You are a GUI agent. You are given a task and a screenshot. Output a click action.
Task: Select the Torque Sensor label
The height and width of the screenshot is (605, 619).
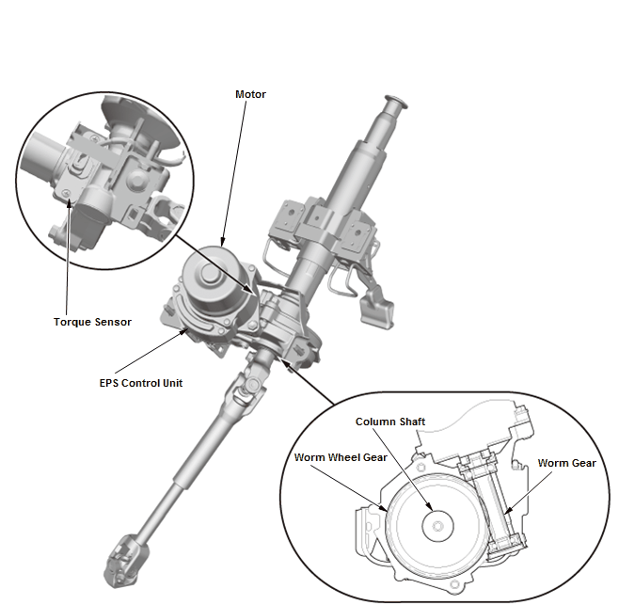92,322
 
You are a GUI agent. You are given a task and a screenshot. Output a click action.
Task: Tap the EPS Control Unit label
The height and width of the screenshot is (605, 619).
141,383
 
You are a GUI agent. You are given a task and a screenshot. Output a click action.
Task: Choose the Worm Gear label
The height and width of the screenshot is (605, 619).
566,463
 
